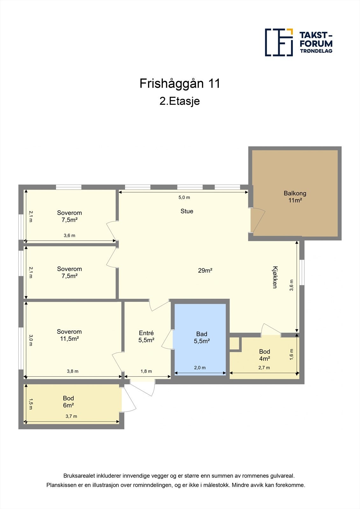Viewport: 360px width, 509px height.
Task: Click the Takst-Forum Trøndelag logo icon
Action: (279, 42)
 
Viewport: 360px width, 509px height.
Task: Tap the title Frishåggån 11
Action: (180, 83)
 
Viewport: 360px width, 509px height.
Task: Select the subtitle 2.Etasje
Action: (180, 101)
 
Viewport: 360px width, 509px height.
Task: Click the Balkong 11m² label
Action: (295, 197)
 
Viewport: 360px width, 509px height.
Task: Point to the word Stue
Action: (187, 211)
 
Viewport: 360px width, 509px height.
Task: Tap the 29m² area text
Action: (205, 270)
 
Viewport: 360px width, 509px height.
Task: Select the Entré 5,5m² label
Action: (146, 337)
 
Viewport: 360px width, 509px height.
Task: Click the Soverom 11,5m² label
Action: (69, 335)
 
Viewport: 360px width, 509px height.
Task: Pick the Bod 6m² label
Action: (68, 401)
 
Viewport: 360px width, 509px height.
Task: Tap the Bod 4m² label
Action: (265, 355)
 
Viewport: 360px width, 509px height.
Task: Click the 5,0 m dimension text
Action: (184, 197)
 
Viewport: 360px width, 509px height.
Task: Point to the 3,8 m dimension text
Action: (73, 371)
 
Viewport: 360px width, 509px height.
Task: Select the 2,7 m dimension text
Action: (264, 367)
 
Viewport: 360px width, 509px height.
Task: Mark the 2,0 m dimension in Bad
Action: (200, 367)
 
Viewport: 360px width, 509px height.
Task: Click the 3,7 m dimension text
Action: (71, 416)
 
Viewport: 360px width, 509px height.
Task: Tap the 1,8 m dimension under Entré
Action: (146, 371)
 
